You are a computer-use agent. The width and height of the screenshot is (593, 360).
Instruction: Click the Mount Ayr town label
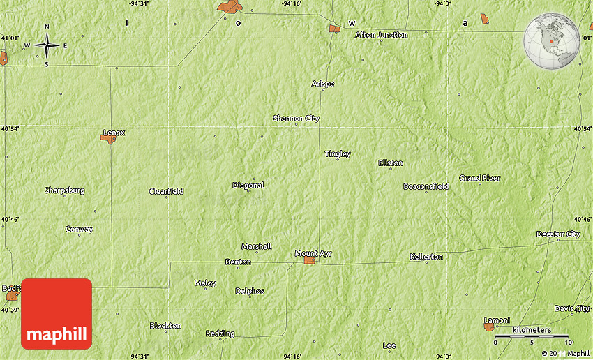click(x=313, y=253)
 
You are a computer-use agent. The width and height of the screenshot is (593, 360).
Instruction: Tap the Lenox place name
click(x=114, y=132)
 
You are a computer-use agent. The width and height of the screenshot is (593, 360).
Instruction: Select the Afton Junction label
click(x=381, y=35)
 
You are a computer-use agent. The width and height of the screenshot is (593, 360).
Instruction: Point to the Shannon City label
click(x=296, y=119)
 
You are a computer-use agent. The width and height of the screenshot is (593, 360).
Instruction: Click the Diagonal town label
click(x=248, y=186)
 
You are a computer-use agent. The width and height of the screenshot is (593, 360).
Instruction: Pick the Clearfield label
click(x=166, y=191)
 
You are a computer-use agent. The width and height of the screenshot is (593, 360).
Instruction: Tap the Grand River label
click(x=479, y=178)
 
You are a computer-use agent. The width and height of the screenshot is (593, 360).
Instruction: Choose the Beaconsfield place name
click(x=426, y=186)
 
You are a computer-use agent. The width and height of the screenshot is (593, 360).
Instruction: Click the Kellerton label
click(x=426, y=257)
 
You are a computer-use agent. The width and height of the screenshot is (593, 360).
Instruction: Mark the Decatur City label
click(x=558, y=234)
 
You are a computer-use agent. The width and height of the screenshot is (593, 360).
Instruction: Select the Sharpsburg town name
click(x=64, y=190)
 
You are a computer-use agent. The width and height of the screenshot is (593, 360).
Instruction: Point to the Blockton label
click(x=165, y=326)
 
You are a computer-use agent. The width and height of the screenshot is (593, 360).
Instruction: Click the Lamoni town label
click(x=497, y=320)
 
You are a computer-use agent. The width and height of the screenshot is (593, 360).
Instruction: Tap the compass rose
click(x=47, y=45)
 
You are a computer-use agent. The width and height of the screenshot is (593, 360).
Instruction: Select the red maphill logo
click(x=57, y=313)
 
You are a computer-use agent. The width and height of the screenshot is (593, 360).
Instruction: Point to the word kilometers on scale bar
click(x=531, y=330)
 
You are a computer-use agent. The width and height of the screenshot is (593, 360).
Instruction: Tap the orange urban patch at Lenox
click(x=108, y=139)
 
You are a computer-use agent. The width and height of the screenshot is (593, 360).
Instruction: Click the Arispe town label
click(x=322, y=84)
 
